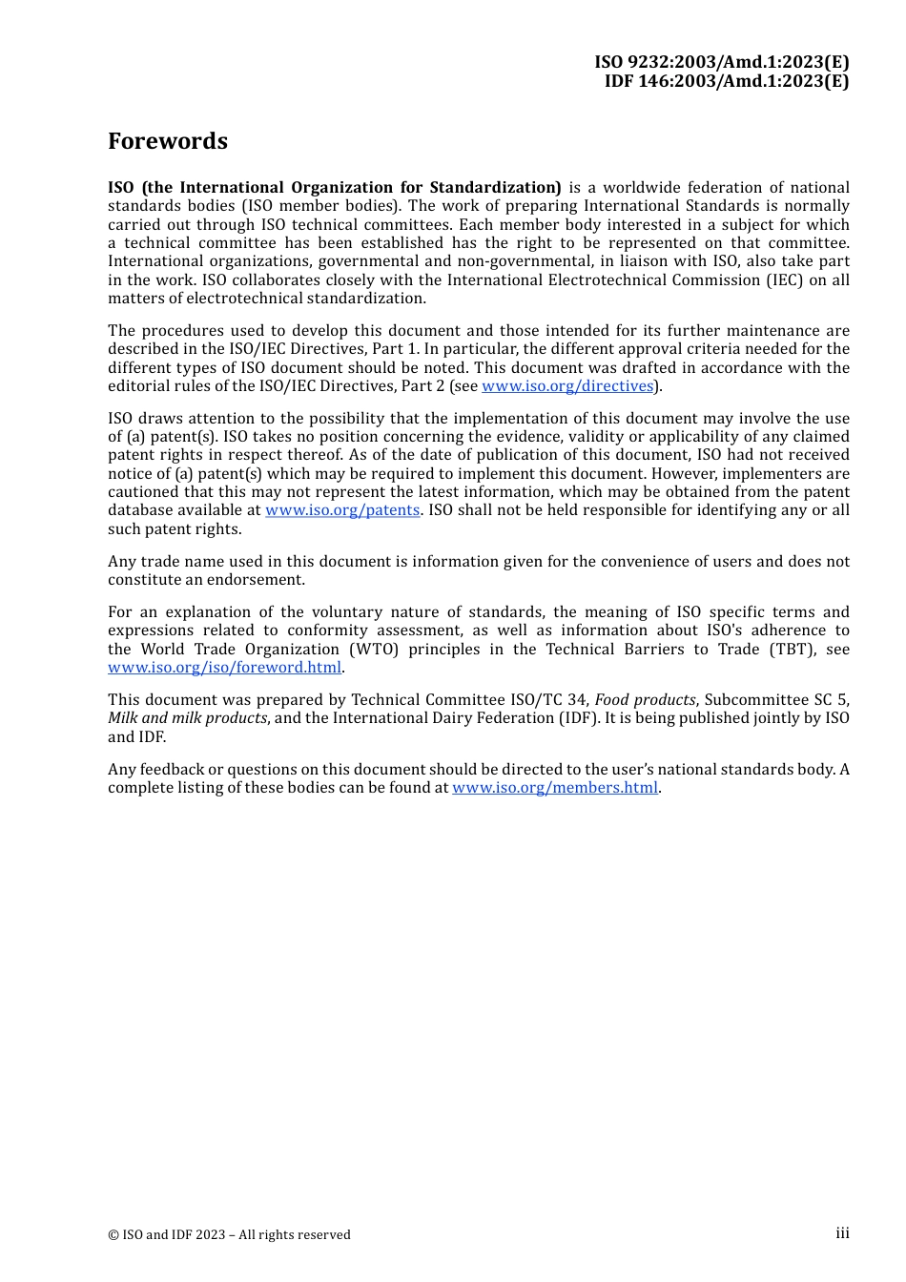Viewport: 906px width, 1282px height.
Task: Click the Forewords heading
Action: click(168, 141)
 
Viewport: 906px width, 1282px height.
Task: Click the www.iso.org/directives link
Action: click(567, 386)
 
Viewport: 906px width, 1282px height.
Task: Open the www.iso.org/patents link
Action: click(342, 510)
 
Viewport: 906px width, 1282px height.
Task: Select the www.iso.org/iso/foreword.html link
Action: click(224, 668)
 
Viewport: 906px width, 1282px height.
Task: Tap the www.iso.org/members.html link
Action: click(555, 788)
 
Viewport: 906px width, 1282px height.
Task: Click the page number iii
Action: click(842, 1233)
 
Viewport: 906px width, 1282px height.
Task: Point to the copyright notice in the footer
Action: click(229, 1235)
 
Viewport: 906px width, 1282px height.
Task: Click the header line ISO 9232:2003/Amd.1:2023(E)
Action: click(722, 62)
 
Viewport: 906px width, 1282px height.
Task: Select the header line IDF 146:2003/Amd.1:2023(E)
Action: click(727, 81)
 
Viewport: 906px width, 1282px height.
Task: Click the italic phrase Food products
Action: click(645, 700)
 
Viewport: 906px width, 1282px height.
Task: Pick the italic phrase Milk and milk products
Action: click(187, 718)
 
